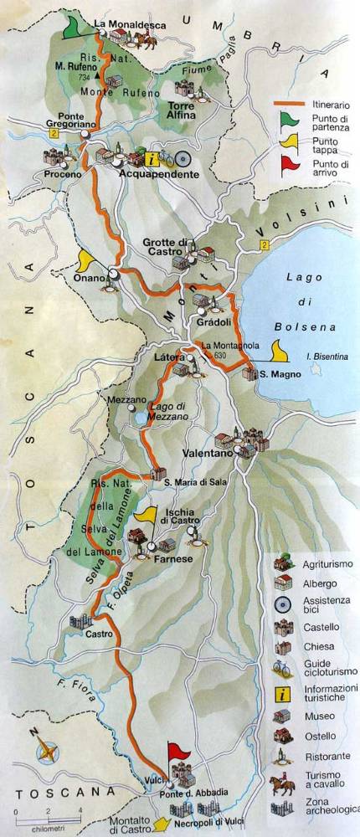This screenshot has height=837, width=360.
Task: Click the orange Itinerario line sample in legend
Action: [288, 104]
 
